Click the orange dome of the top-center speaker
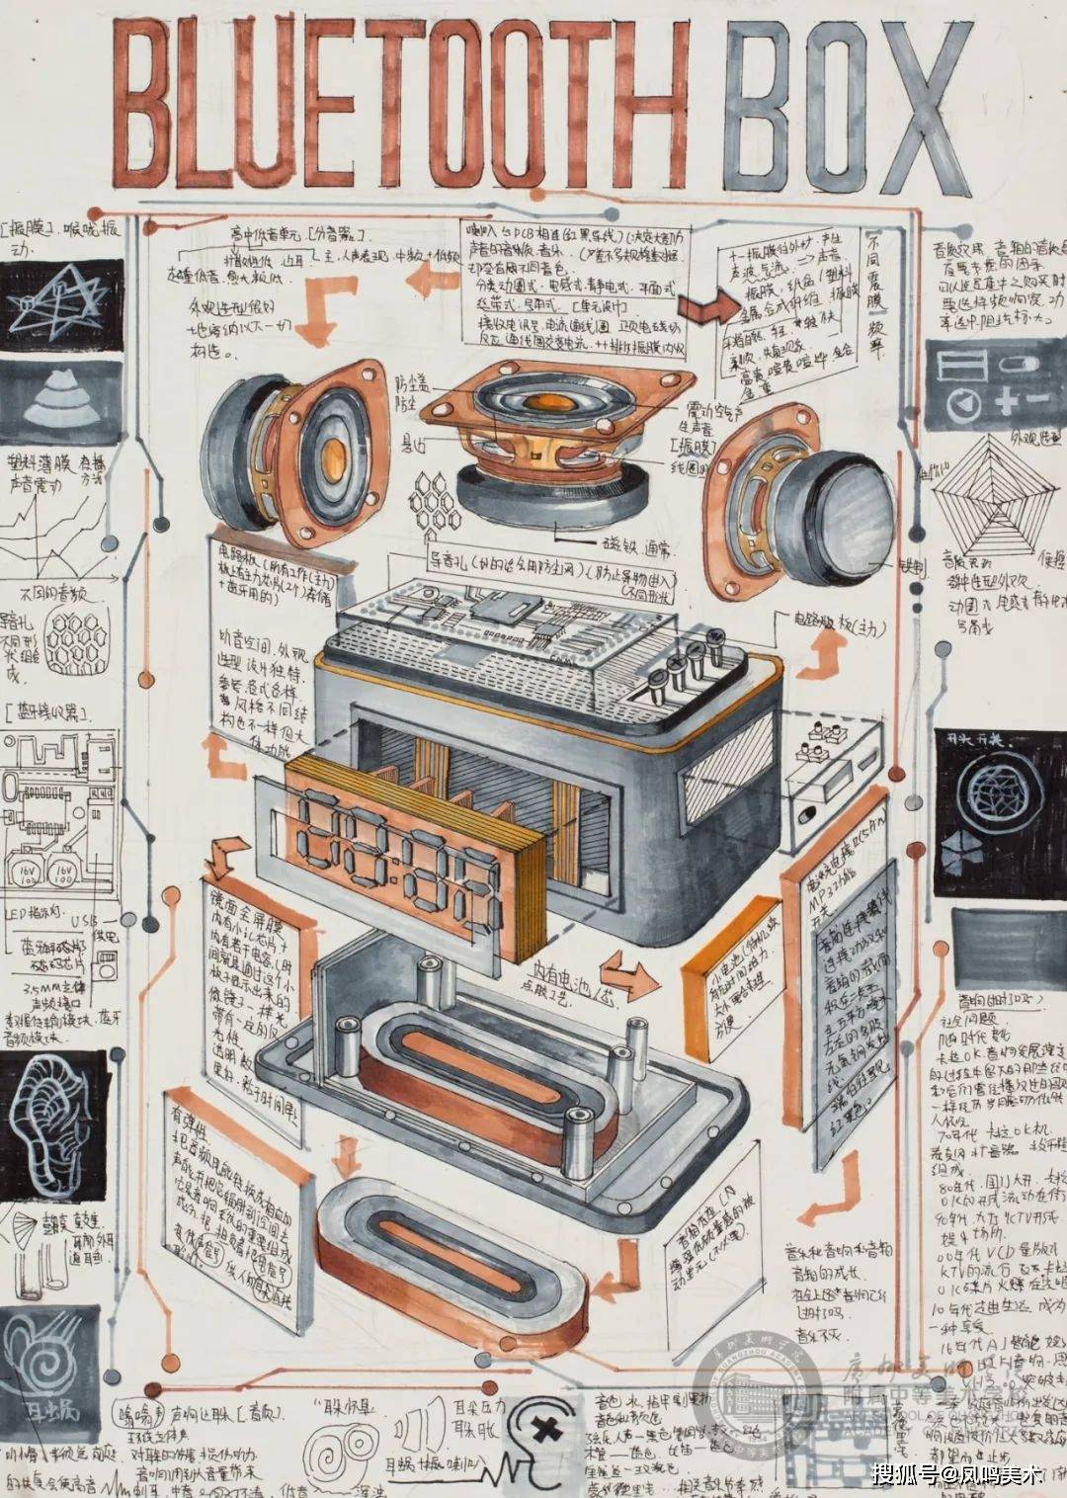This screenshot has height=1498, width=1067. [545, 403]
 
